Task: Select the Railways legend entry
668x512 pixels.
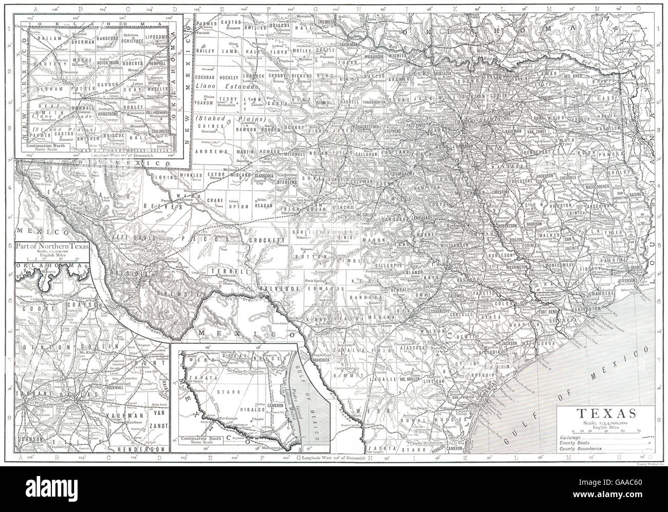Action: click(x=569, y=436)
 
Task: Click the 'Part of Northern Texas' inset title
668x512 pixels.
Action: click(x=52, y=246)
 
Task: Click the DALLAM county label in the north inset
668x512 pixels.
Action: click(x=46, y=38)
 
